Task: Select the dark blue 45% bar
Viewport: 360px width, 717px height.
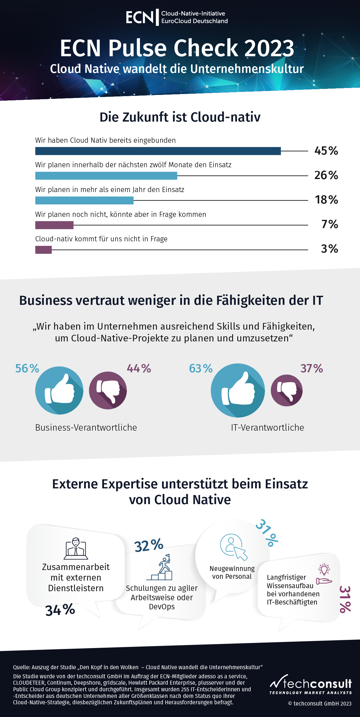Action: click(x=158, y=151)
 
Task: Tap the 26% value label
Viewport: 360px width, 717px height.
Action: click(x=326, y=175)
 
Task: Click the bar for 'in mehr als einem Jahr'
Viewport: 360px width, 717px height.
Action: click(x=84, y=200)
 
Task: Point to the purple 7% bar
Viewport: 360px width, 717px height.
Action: click(x=54, y=225)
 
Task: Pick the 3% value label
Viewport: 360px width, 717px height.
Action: click(x=329, y=249)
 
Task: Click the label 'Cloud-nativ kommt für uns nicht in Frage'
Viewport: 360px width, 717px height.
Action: click(x=101, y=239)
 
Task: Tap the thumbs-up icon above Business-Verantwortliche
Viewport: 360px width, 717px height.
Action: click(x=59, y=390)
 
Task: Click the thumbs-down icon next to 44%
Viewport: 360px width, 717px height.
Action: click(x=108, y=390)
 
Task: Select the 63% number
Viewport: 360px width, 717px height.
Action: click(x=201, y=369)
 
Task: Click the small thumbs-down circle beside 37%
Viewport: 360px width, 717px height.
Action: click(x=287, y=390)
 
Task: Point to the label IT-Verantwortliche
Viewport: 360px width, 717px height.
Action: click(x=268, y=428)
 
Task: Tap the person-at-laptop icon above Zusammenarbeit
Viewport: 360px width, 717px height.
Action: click(x=76, y=549)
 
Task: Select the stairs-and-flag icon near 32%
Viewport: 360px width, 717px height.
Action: click(x=160, y=567)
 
